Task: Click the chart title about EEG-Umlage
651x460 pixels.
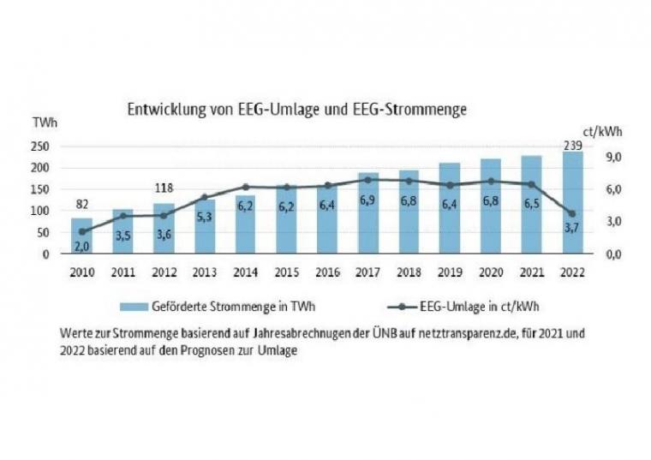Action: click(x=296, y=110)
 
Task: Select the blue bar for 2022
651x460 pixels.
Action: click(x=572, y=206)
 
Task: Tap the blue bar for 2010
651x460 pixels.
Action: click(x=81, y=236)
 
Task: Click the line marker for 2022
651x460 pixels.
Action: click(x=572, y=214)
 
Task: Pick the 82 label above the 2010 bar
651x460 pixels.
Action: click(x=81, y=204)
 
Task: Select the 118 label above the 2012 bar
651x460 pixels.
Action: click(x=163, y=188)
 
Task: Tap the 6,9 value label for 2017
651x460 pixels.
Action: click(x=367, y=200)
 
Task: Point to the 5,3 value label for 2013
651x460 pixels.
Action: click(x=204, y=218)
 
